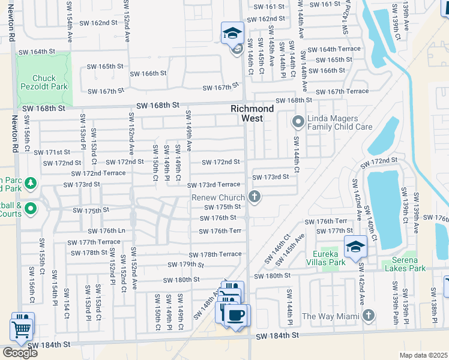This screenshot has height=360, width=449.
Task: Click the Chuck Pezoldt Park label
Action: click(x=44, y=83)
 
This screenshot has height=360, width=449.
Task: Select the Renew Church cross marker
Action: click(x=255, y=196)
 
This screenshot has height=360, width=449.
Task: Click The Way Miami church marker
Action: click(x=369, y=315)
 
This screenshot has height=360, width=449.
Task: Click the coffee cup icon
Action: click(x=237, y=316)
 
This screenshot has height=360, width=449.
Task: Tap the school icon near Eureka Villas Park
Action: click(x=355, y=246)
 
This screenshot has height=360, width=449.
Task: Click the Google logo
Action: click(x=20, y=353)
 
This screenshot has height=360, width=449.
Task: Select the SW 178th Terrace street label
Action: click(x=216, y=254)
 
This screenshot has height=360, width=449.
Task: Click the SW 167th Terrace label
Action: click(x=342, y=92)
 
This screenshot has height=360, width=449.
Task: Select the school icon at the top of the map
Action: click(x=232, y=33)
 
